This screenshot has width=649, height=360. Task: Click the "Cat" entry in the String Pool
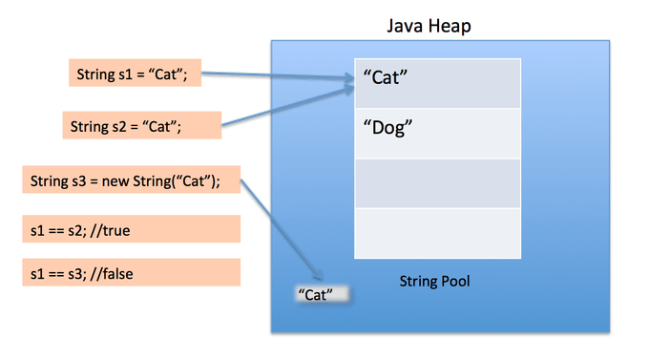(x=438, y=82)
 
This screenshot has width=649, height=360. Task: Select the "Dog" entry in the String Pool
(x=438, y=133)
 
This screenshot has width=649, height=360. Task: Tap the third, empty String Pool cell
(x=438, y=183)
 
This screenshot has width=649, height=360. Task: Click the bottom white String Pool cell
(x=438, y=233)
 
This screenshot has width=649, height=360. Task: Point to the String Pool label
(x=434, y=283)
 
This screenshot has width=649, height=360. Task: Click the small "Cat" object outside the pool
(x=317, y=295)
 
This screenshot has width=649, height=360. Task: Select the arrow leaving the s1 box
(x=277, y=81)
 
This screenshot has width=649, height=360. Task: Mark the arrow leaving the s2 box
(x=286, y=107)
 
